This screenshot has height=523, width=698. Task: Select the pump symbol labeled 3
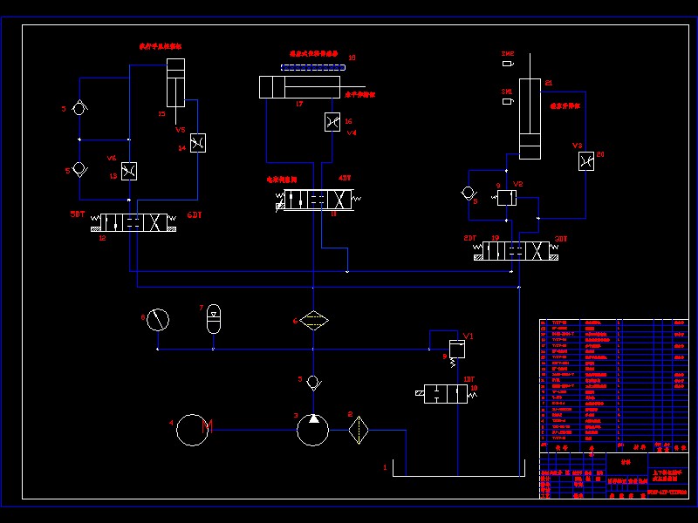(x=312, y=430)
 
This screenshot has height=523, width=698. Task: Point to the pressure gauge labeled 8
(x=157, y=320)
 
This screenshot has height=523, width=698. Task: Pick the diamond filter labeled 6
(x=312, y=320)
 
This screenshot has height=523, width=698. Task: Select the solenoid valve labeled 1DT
(x=445, y=393)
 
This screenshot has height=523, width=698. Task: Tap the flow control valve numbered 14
(x=198, y=143)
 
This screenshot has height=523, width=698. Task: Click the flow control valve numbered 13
(x=129, y=171)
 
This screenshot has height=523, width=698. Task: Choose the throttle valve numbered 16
(x=332, y=122)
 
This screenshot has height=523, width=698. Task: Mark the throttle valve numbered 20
(x=586, y=161)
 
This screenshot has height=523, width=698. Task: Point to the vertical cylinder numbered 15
(x=175, y=84)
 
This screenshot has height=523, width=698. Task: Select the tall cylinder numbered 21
(x=530, y=119)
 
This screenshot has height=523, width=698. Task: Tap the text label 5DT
(x=79, y=214)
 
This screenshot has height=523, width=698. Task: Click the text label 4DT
(x=345, y=178)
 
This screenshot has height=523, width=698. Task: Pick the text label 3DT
(x=561, y=238)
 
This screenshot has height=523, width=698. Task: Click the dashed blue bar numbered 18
(x=313, y=66)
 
